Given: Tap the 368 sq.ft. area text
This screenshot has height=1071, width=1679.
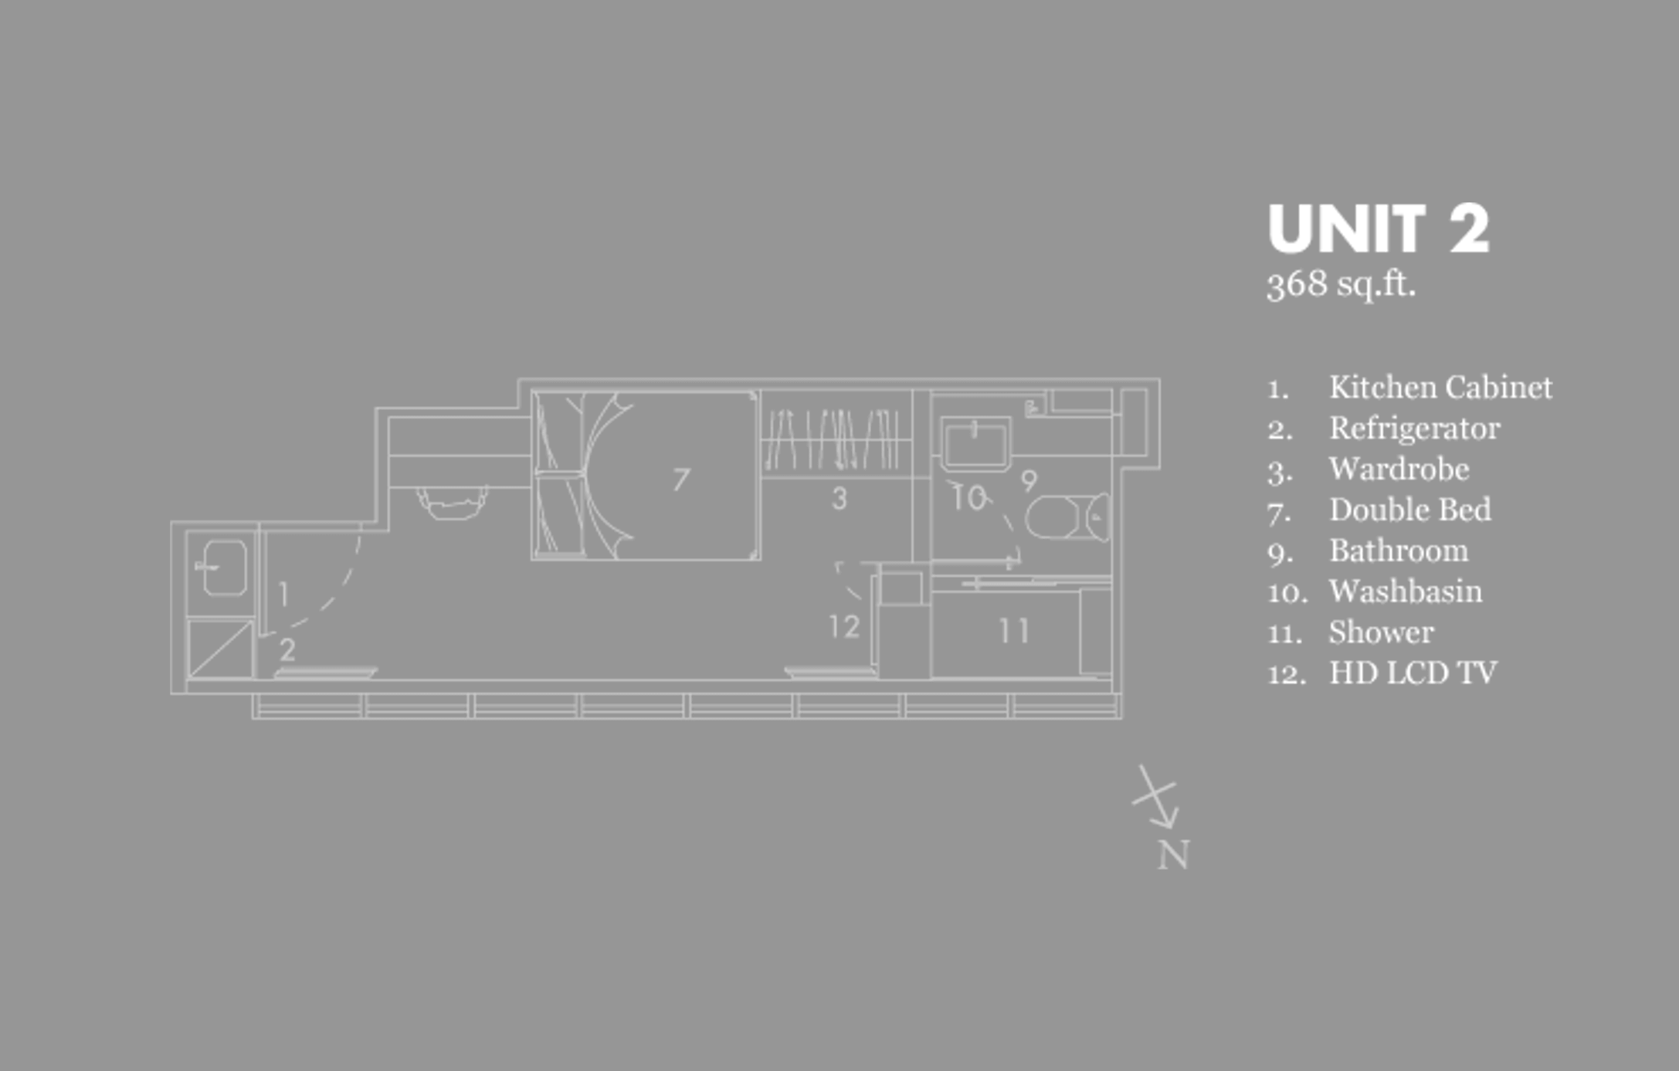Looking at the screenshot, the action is [x=1341, y=284].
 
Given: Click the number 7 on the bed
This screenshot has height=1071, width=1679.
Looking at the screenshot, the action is [x=680, y=480].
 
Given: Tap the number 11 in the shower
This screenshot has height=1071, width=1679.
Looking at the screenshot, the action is [x=1014, y=632].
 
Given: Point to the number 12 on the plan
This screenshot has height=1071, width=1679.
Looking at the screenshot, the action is [x=844, y=626].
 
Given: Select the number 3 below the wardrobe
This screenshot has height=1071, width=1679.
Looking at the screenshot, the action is [x=839, y=499].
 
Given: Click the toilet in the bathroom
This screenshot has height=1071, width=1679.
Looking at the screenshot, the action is [x=1067, y=517].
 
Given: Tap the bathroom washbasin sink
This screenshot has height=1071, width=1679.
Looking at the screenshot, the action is [x=975, y=442].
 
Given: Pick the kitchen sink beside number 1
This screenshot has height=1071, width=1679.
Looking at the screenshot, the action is [x=224, y=568].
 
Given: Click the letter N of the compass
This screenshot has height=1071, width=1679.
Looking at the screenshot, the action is [x=1173, y=856].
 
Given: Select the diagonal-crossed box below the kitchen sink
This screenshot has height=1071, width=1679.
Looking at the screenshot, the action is [x=221, y=649].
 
